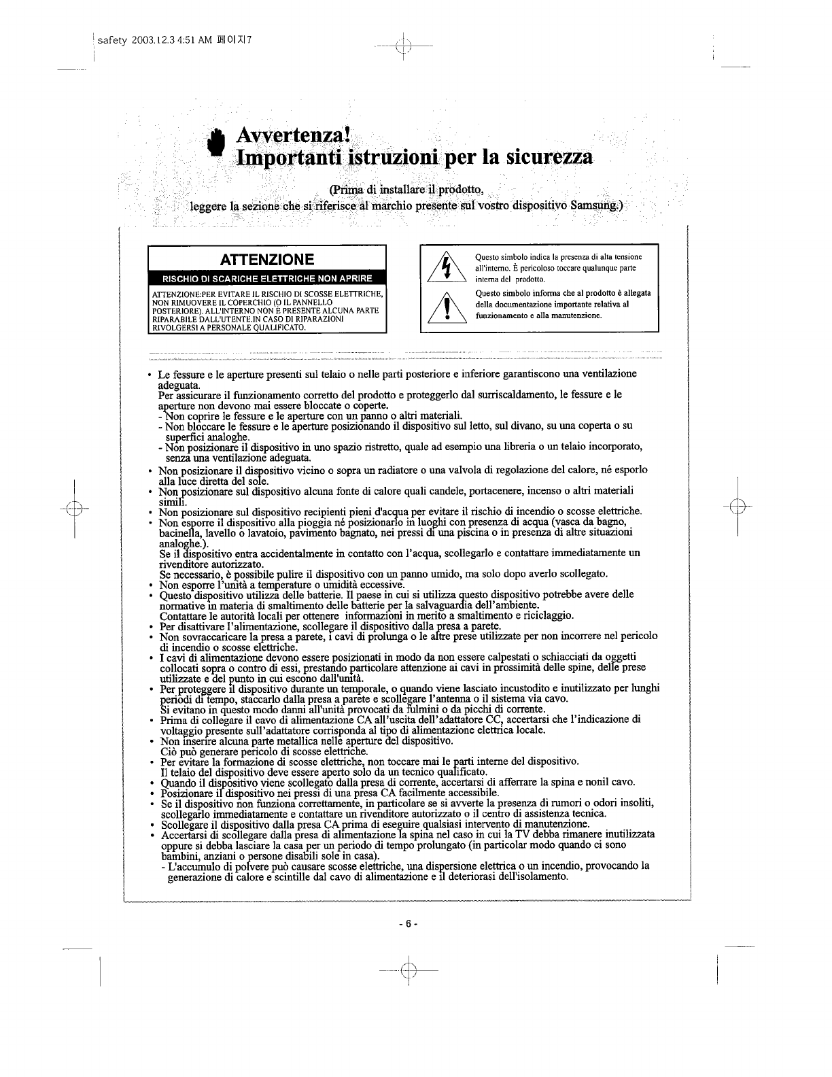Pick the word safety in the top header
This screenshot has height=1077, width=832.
click(111, 39)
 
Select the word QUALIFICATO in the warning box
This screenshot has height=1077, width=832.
click(279, 327)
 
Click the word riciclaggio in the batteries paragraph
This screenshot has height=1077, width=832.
click(548, 615)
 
